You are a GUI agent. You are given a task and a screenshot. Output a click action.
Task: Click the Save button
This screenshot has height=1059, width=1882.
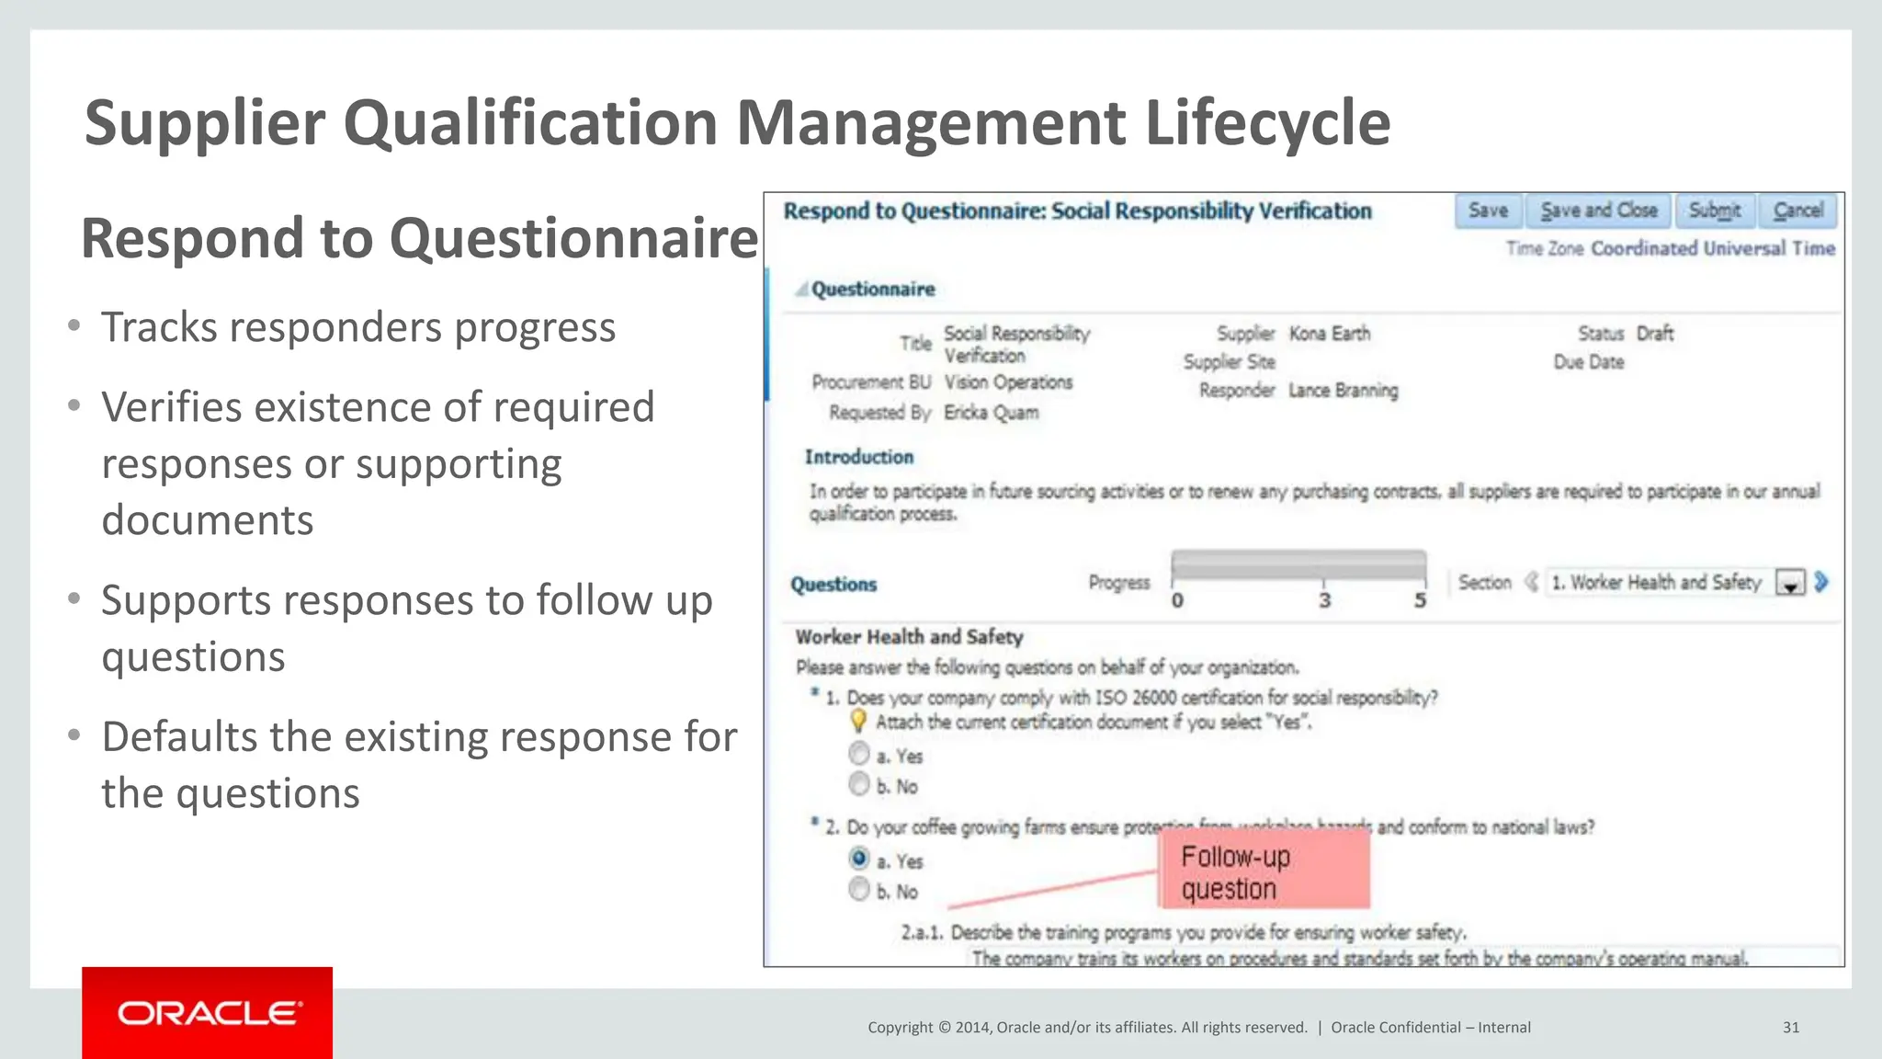1488,211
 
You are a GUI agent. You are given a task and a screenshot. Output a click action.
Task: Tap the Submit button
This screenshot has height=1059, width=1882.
1715,211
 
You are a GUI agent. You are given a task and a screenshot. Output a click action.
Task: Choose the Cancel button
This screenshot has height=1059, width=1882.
1798,211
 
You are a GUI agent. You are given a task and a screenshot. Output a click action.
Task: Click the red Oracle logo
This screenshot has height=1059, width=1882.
208,1013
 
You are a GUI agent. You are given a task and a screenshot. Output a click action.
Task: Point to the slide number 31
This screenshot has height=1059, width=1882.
1791,1028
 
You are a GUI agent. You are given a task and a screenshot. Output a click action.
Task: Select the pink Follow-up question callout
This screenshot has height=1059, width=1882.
1264,871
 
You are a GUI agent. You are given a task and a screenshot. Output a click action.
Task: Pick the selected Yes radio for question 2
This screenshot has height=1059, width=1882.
859,859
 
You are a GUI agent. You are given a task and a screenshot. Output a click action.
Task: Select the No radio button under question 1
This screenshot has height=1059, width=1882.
859,784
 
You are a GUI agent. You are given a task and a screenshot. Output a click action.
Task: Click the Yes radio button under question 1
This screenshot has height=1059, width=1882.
859,754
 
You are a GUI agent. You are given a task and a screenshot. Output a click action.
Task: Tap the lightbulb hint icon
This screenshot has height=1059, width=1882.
858,721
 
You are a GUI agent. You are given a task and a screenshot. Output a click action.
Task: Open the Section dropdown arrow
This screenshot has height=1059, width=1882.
1790,583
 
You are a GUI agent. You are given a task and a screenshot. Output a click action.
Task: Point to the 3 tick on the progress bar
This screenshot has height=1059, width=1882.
1324,600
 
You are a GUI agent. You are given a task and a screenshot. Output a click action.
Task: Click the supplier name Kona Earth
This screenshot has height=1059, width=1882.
1330,333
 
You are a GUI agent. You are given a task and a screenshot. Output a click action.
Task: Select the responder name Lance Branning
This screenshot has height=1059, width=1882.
1343,391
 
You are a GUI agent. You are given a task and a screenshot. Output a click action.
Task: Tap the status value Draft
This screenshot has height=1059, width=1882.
1654,333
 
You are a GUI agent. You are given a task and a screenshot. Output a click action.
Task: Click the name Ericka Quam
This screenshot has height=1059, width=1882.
992,413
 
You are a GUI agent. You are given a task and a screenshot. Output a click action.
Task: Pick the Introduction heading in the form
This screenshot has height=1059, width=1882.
859,457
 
